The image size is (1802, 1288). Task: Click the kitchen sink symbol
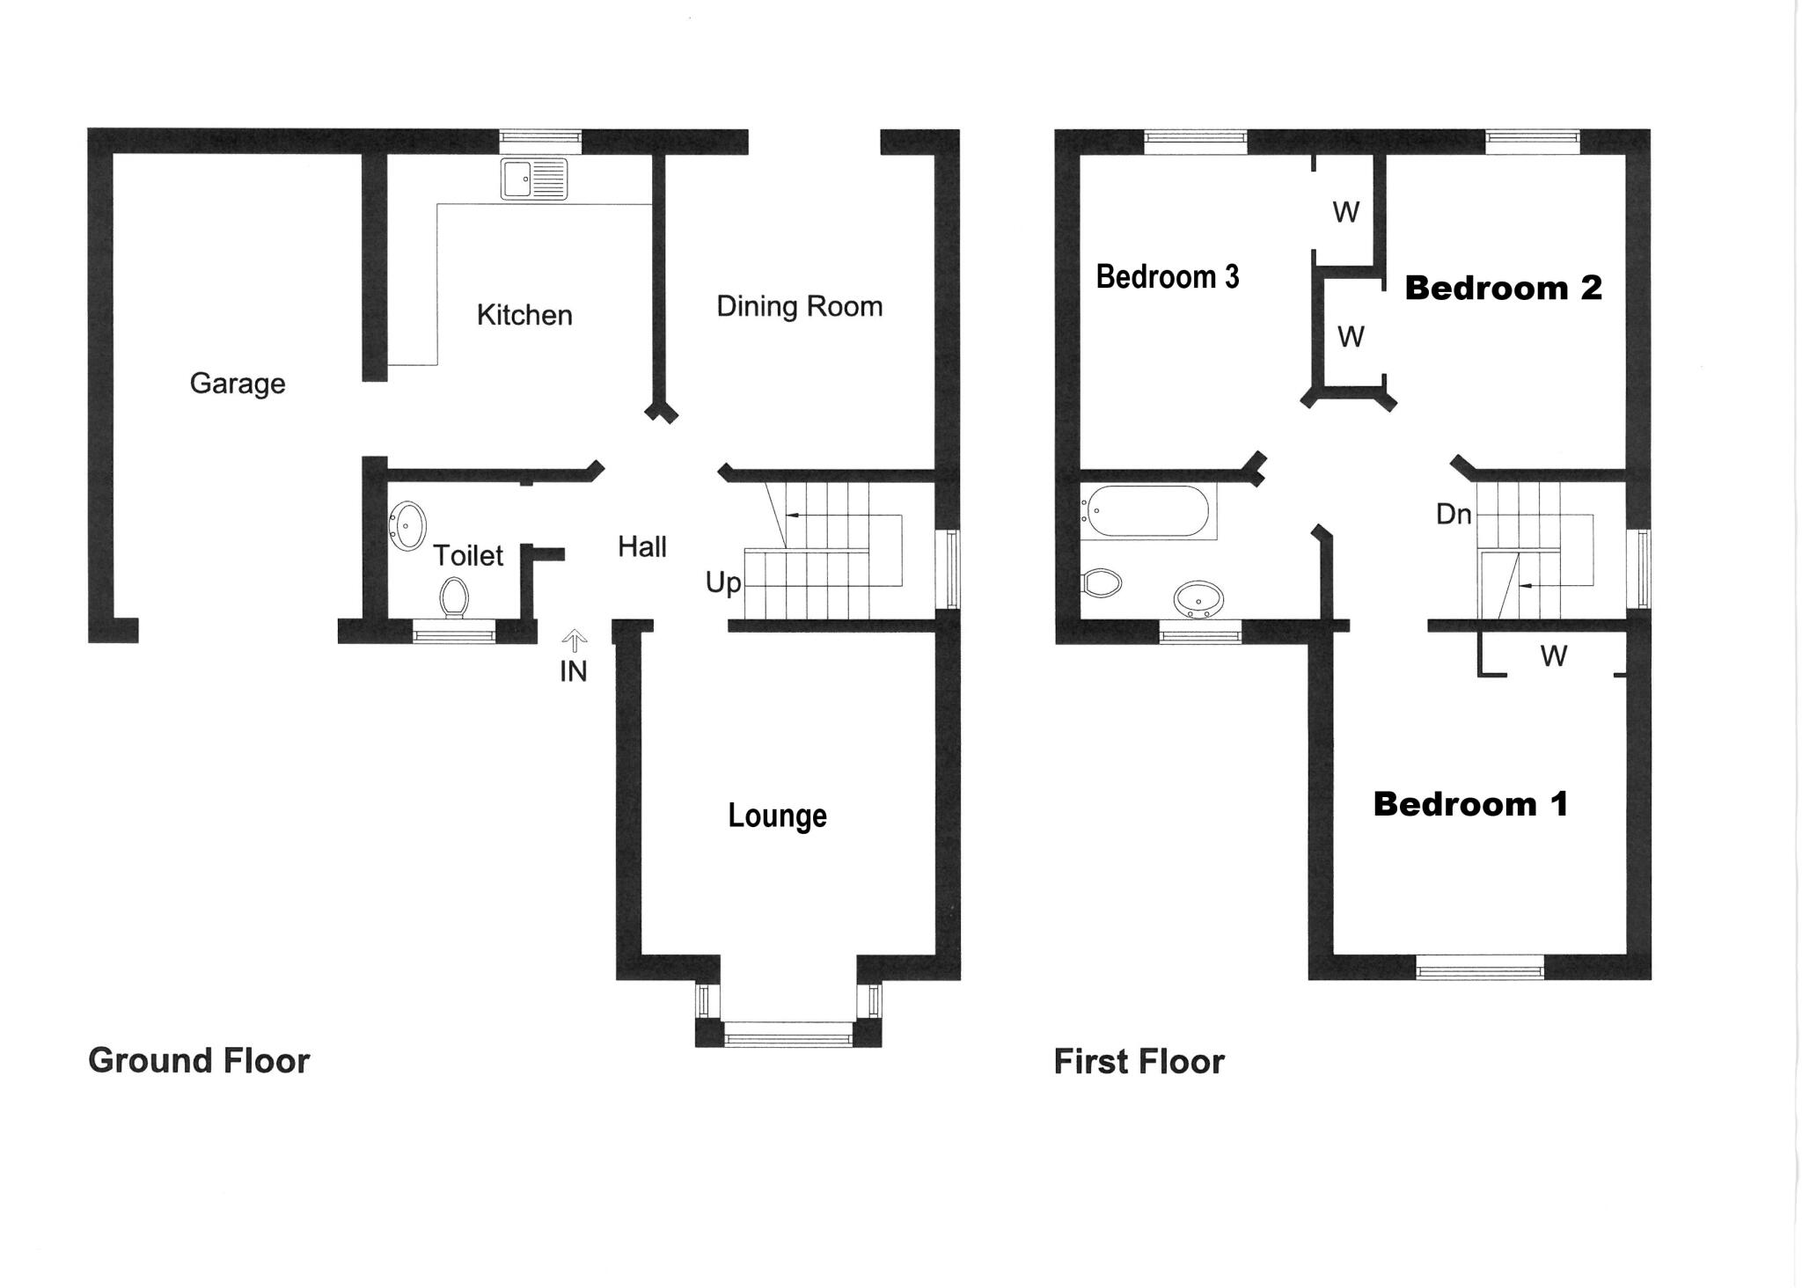pos(534,179)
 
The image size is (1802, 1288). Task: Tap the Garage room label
pos(238,384)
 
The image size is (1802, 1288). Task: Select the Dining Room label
pos(799,306)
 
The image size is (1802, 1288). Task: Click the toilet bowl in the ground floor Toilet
pos(454,596)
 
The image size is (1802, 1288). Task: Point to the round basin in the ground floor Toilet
pos(407,525)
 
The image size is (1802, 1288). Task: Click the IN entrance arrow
pos(575,640)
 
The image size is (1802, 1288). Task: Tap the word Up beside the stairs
pos(723,582)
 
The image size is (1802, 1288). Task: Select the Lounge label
pos(777,816)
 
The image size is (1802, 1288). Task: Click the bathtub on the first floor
pos(1146,511)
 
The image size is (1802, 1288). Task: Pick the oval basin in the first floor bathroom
pos(1198,600)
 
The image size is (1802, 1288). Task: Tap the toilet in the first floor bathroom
pos(1101,582)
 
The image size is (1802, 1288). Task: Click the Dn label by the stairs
pos(1454,515)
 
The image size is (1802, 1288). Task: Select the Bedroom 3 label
pos(1168,277)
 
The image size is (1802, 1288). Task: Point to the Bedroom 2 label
pos(1503,288)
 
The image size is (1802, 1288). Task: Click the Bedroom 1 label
pos(1470,803)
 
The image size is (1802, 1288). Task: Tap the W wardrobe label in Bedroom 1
pos(1554,655)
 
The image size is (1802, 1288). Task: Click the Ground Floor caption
pos(199,1061)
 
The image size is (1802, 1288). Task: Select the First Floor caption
pos(1139,1062)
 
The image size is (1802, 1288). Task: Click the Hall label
pos(641,547)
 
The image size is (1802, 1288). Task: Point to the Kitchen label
pos(524,315)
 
